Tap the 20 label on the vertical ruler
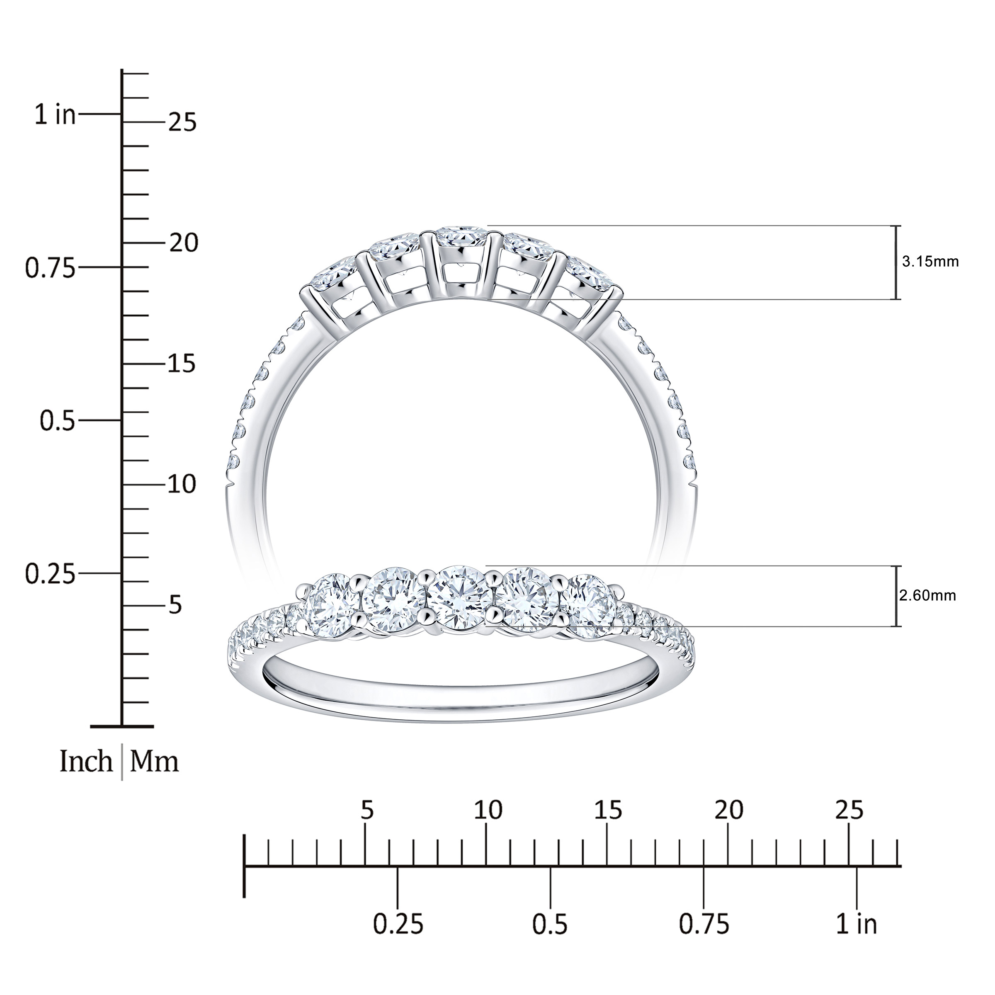click(183, 243)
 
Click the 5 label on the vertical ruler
click(176, 604)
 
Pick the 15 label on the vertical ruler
click(183, 364)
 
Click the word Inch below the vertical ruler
click(86, 761)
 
